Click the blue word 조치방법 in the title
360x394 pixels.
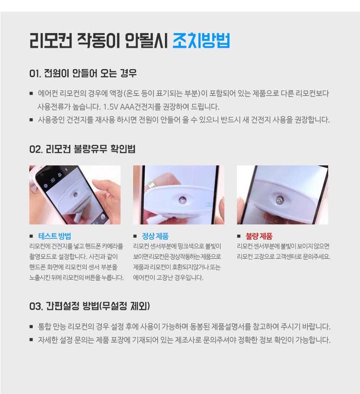(x=201, y=41)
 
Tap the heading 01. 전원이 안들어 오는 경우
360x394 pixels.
(x=83, y=73)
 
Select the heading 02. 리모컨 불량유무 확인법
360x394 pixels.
(x=82, y=149)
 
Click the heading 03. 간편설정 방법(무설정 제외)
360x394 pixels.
(x=90, y=306)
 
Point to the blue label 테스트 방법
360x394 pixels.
(x=54, y=236)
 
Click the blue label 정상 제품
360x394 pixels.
(x=155, y=236)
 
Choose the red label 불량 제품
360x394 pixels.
(x=259, y=236)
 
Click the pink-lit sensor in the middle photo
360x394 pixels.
(x=182, y=200)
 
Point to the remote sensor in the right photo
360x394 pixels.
(x=279, y=200)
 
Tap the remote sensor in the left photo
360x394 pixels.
(x=75, y=194)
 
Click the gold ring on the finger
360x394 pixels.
(x=151, y=185)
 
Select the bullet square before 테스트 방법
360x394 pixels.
(x=31, y=236)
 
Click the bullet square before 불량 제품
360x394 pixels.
(x=239, y=236)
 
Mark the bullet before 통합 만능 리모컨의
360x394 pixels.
(x=31, y=327)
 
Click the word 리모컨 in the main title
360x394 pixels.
(x=51, y=41)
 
